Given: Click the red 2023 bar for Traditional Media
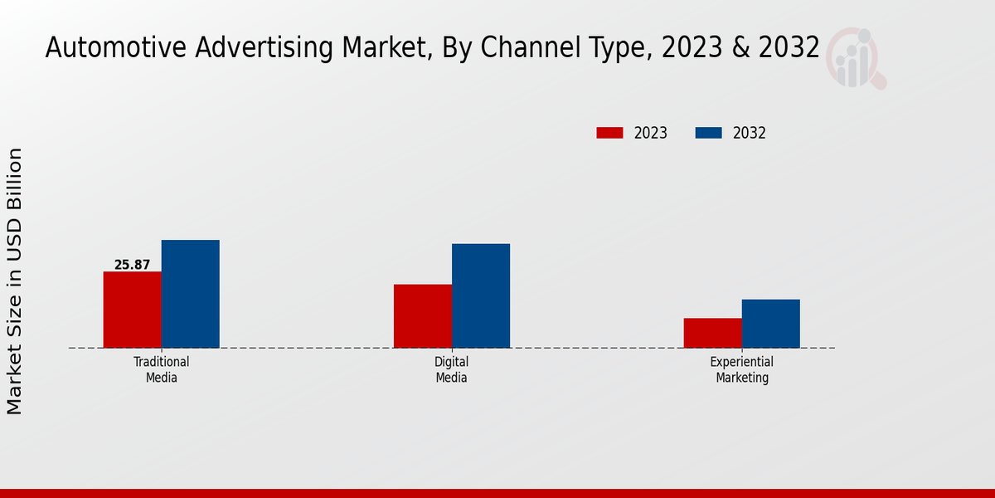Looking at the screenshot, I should (x=132, y=310).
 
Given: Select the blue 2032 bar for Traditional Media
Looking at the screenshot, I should (x=190, y=294).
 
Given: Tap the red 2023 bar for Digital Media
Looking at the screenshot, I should (x=422, y=316).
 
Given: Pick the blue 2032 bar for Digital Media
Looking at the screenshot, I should (x=480, y=295).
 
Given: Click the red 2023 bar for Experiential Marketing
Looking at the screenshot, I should (x=712, y=333).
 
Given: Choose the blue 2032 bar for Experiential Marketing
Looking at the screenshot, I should (x=770, y=324).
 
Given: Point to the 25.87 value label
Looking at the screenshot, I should (x=132, y=265).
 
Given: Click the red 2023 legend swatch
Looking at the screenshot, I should (x=609, y=133).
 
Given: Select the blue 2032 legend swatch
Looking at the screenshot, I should (x=708, y=133).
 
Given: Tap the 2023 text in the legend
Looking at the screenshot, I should (x=651, y=133).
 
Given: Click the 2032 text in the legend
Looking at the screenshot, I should (x=750, y=133).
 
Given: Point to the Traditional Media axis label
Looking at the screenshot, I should (x=161, y=369).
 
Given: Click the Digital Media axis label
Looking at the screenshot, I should (x=451, y=369).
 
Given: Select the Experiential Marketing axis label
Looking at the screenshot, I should (x=741, y=369).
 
